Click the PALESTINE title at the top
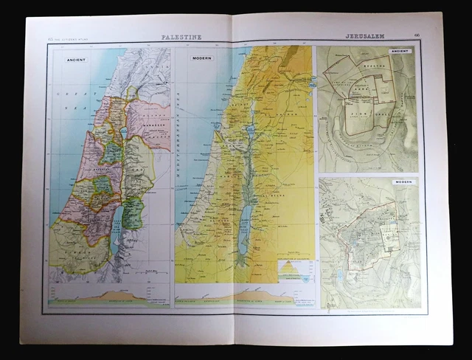(x=181, y=36)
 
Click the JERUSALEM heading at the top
(x=364, y=35)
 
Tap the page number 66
(x=417, y=35)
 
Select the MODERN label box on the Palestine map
(x=202, y=58)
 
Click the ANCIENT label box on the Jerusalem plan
(x=400, y=51)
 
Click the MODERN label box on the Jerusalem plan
(x=403, y=181)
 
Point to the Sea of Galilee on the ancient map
(x=124, y=133)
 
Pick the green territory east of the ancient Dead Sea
(x=133, y=214)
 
